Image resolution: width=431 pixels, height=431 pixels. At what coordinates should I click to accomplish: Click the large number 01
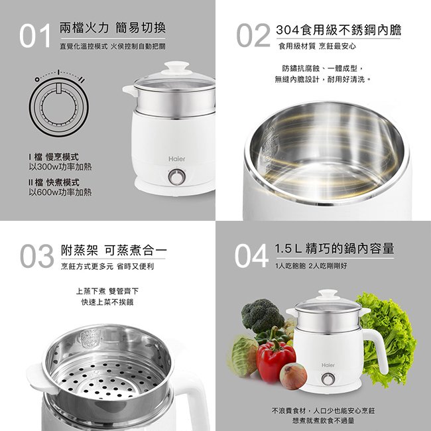click(35, 35)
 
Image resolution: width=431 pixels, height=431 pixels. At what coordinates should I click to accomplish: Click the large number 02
click(253, 35)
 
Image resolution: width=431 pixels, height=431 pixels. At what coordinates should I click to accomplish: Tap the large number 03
click(37, 256)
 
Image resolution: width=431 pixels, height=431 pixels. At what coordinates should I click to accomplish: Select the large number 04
click(251, 256)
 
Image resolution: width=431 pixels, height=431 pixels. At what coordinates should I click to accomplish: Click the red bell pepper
click(275, 357)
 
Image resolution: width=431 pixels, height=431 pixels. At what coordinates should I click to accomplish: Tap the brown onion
click(293, 376)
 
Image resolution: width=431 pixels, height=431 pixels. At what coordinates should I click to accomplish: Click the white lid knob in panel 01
click(177, 68)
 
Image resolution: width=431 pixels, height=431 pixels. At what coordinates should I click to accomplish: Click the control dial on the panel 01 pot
click(176, 177)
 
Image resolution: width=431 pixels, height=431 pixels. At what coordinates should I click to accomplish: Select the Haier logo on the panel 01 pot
click(177, 159)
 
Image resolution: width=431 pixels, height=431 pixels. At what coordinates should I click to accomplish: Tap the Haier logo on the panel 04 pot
click(328, 365)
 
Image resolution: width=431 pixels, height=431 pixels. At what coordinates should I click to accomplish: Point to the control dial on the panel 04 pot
click(328, 379)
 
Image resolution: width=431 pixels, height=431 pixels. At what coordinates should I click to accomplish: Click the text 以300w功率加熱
click(60, 167)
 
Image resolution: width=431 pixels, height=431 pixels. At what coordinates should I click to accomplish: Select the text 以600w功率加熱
click(60, 192)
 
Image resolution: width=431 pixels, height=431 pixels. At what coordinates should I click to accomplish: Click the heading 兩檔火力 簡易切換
click(113, 28)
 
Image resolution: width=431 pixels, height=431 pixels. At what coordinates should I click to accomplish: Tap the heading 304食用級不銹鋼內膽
click(339, 30)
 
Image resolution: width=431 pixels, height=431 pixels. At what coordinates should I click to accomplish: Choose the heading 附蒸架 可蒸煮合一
click(113, 250)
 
